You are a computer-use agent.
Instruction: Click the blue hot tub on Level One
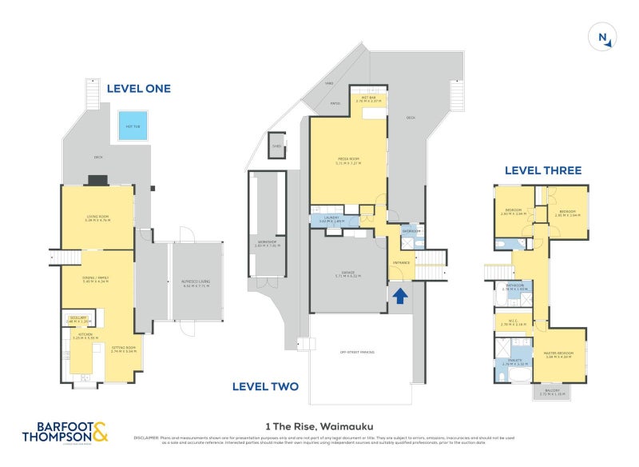click(132, 126)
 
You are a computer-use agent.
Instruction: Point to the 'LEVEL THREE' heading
click(542, 170)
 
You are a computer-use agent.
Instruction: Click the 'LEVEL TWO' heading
click(265, 386)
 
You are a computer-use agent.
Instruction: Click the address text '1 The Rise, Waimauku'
click(319, 426)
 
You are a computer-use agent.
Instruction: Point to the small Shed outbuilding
click(276, 145)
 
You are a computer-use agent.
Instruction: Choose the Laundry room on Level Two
click(331, 220)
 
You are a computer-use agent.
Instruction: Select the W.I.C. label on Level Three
click(513, 323)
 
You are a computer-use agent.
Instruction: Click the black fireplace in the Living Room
click(95, 181)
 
